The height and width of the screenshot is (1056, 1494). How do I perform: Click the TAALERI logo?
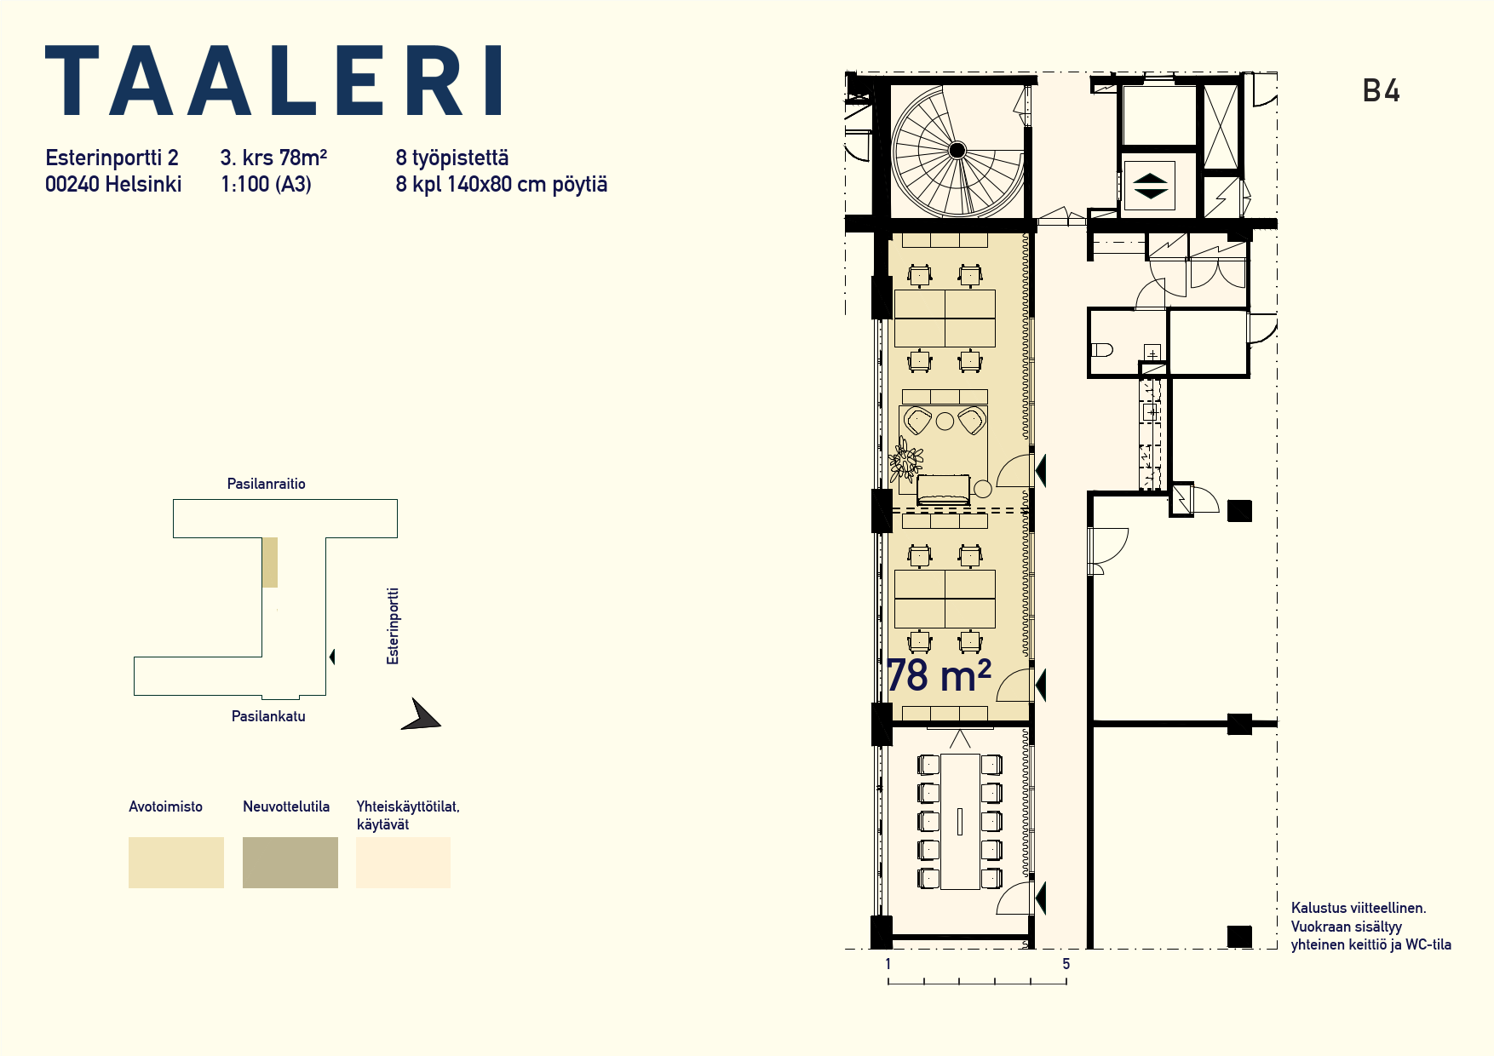(273, 81)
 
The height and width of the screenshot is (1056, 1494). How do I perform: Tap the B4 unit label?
(1381, 91)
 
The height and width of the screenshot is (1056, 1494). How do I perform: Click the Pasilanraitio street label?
(266, 484)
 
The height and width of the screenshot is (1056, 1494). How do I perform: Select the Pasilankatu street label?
(268, 716)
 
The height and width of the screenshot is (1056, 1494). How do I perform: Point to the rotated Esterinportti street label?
(393, 626)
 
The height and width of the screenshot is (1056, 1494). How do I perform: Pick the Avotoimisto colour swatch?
(176, 863)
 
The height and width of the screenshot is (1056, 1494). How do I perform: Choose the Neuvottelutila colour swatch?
(290, 863)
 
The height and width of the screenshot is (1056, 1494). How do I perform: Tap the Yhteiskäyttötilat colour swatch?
(403, 863)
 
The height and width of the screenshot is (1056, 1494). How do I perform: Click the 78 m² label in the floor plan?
(939, 676)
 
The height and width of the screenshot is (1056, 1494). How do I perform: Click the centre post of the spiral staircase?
(957, 151)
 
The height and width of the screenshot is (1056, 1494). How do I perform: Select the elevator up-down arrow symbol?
(1150, 186)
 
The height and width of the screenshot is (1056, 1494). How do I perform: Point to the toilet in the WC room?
(1102, 349)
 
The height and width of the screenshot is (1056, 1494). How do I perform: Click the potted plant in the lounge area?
(905, 462)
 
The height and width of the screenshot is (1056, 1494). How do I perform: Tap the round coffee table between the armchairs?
(945, 421)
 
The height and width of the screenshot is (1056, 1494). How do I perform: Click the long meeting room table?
(960, 822)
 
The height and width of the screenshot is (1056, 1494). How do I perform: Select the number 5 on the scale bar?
(1066, 964)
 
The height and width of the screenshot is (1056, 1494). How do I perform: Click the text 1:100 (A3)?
(266, 185)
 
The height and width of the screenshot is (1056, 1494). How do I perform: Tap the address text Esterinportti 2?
(112, 158)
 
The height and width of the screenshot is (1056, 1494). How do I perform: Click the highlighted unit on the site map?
(269, 562)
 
